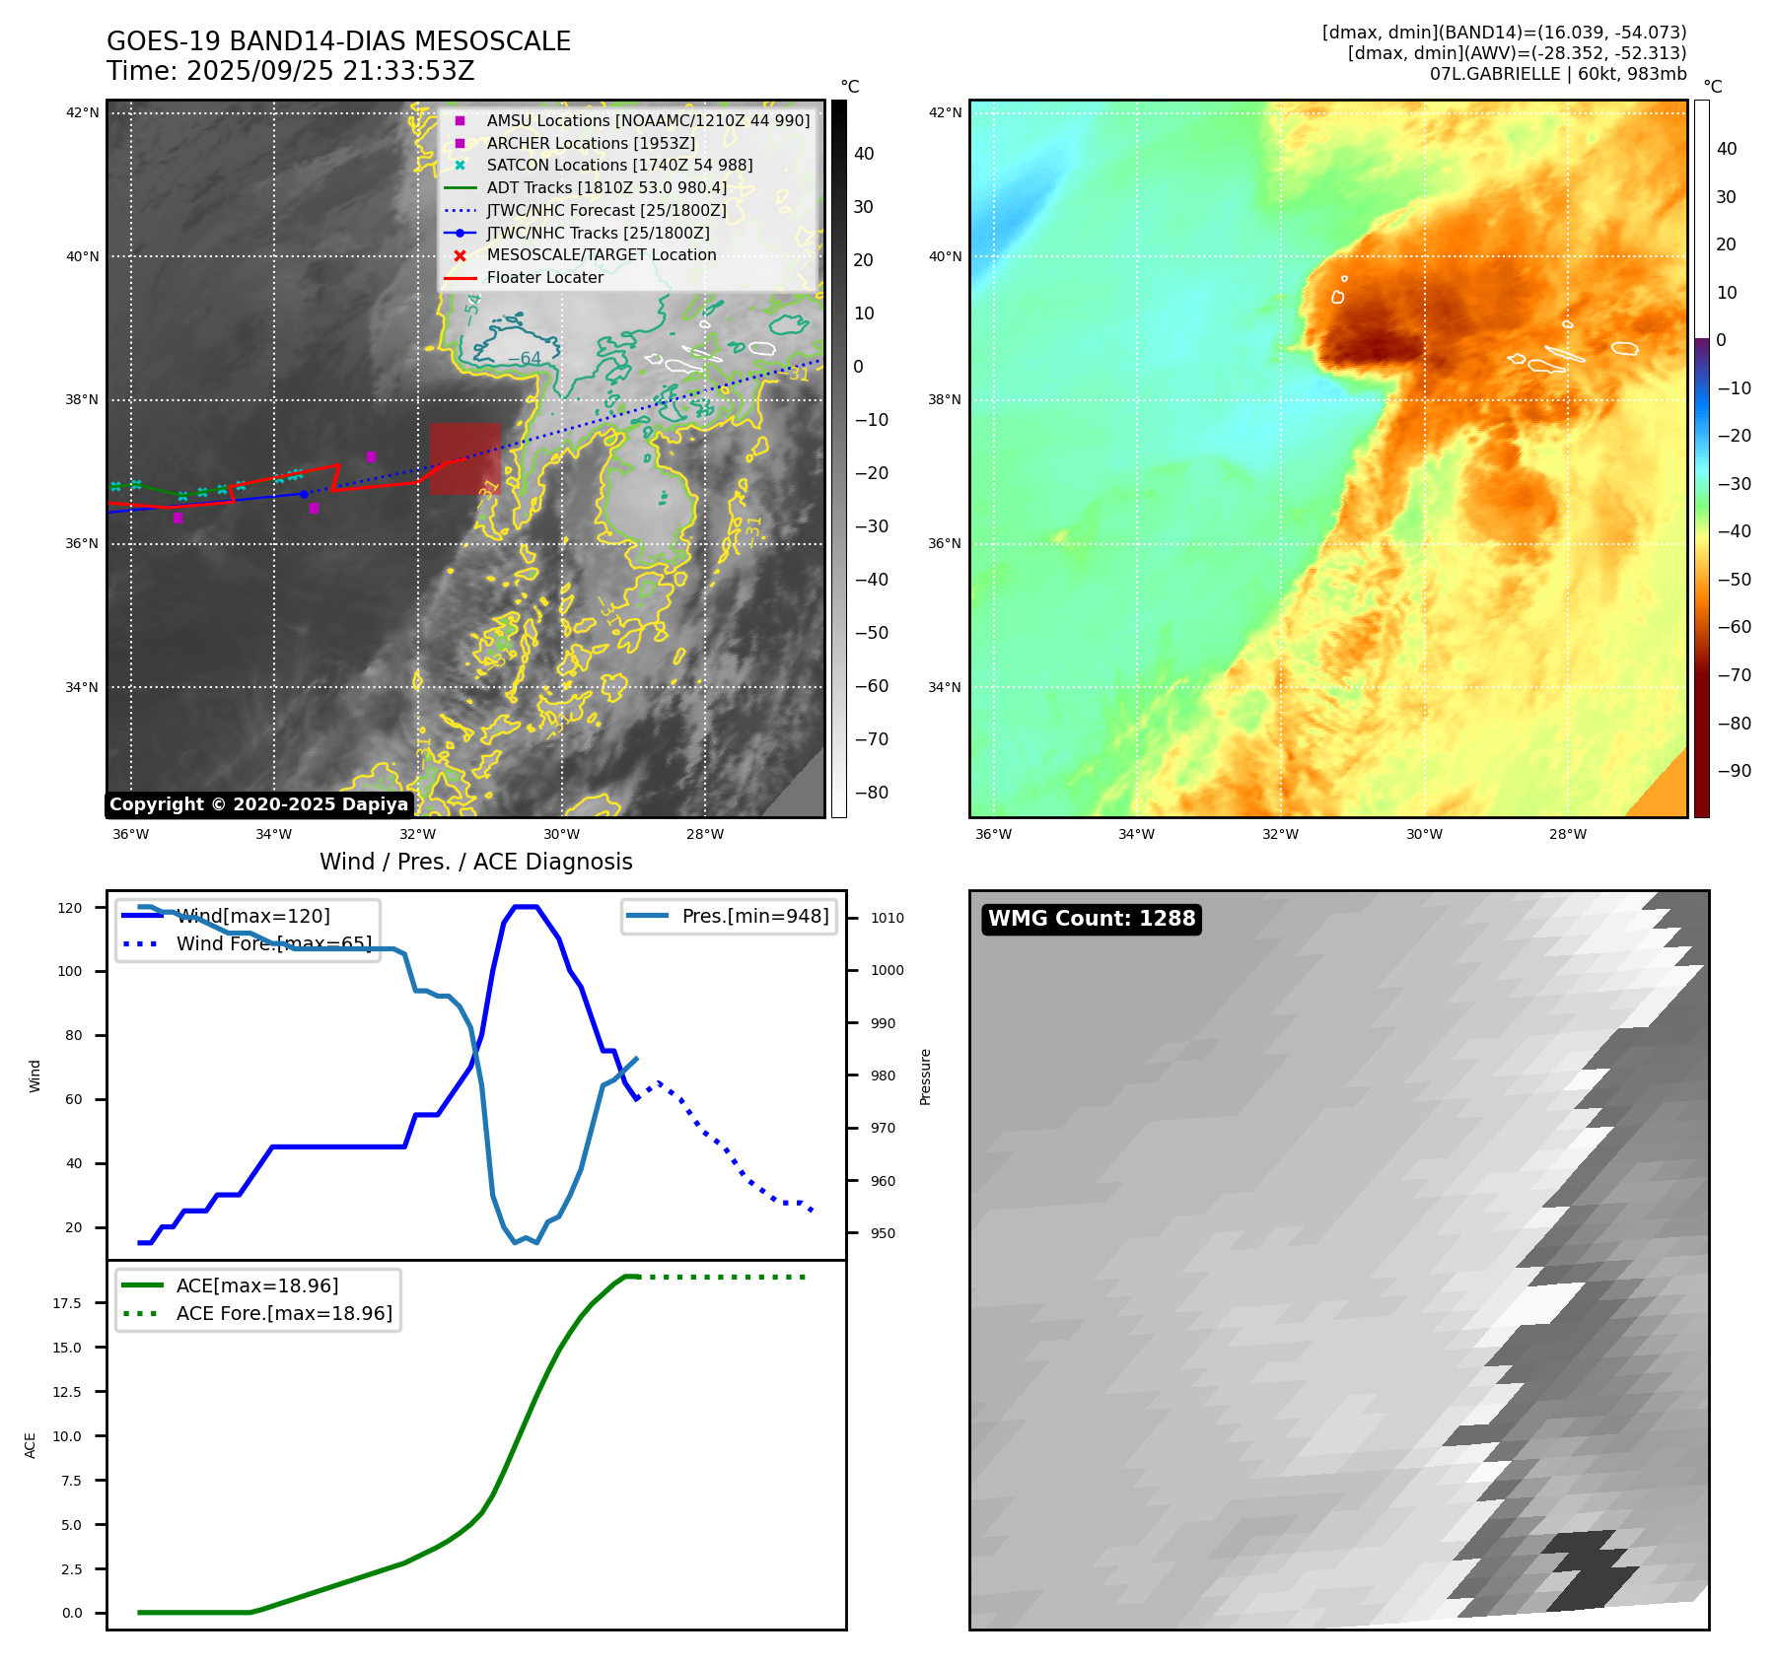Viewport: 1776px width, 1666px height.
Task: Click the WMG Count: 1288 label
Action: pos(1092,919)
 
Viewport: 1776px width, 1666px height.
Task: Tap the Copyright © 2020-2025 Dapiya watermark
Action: pos(258,804)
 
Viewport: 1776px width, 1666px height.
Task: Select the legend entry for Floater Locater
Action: pos(544,278)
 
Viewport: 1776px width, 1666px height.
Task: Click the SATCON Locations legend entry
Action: pos(618,166)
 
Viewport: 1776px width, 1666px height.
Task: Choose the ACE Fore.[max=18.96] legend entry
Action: pos(284,1313)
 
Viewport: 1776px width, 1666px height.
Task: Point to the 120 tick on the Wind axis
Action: pos(70,908)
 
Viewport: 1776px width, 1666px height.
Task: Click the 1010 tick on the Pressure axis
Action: pos(887,918)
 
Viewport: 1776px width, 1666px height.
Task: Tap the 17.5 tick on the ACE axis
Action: pos(67,1303)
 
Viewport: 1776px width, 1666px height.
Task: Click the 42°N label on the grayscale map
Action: pos(82,113)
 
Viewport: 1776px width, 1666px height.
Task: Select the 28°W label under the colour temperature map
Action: pos(1568,835)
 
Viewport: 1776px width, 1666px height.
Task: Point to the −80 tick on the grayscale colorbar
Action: pos(872,793)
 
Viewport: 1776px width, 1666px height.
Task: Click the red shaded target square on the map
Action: pos(464,458)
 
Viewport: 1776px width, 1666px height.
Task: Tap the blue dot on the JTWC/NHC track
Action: pos(304,494)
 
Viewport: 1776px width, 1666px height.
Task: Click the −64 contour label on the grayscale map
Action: pos(524,359)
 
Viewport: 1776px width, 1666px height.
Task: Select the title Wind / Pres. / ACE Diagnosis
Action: pos(475,862)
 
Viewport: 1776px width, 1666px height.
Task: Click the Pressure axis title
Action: pos(925,1076)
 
